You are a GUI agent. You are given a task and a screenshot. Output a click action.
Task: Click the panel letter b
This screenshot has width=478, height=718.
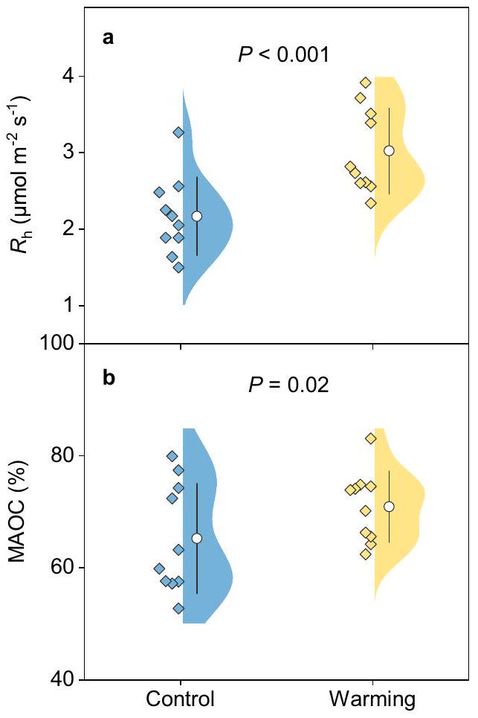[x=109, y=378]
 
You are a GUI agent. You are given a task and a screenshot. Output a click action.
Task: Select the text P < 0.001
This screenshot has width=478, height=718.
[x=283, y=54]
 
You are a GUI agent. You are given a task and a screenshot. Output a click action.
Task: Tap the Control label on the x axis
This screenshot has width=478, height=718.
[x=181, y=699]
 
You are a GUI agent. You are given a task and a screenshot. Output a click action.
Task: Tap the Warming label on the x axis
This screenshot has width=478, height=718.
[x=372, y=699]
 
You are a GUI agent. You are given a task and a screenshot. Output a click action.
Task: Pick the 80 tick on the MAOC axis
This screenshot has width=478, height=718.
[x=60, y=455]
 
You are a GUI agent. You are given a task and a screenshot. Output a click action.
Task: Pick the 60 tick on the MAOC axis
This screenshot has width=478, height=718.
[x=60, y=568]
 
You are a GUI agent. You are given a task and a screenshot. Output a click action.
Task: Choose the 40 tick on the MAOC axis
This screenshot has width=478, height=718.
[x=60, y=679]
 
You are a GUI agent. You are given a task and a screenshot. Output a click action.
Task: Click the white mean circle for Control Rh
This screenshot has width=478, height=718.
[x=197, y=216]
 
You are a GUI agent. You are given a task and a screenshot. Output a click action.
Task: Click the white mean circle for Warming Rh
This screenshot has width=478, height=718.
[x=389, y=150]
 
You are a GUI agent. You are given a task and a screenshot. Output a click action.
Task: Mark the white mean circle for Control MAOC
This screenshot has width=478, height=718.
[x=197, y=538]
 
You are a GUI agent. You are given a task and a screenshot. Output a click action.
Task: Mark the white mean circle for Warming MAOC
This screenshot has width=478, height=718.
[x=389, y=507]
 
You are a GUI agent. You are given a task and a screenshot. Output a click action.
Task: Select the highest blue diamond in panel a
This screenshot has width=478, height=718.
[x=178, y=132]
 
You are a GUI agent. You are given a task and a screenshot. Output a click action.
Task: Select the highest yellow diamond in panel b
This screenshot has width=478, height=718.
[x=371, y=438]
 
